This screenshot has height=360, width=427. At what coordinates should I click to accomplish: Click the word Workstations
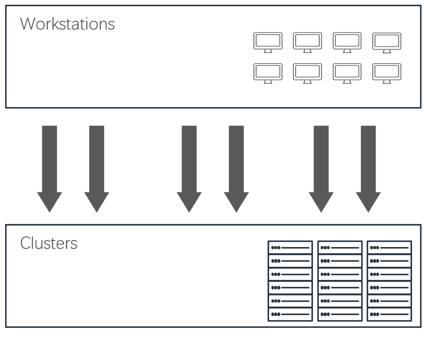pyautogui.click(x=67, y=24)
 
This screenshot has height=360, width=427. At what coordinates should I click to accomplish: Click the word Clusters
pyautogui.click(x=49, y=243)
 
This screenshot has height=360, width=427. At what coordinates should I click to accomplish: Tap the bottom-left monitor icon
pyautogui.click(x=268, y=73)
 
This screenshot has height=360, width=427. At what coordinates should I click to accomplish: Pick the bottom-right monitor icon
pyautogui.click(x=387, y=73)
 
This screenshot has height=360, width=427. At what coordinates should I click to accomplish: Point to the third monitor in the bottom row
pyautogui.click(x=347, y=73)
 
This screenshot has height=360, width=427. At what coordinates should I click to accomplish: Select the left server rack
pyautogui.click(x=290, y=281)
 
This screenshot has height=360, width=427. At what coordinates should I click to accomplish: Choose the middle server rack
pyautogui.click(x=340, y=281)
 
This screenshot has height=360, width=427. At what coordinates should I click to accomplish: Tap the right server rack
pyautogui.click(x=389, y=281)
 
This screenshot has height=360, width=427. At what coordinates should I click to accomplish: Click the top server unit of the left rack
pyautogui.click(x=290, y=247)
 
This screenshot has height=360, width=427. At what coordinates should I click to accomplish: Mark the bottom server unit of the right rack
pyautogui.click(x=389, y=314)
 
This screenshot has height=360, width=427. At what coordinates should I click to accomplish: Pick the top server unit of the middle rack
pyautogui.click(x=340, y=247)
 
